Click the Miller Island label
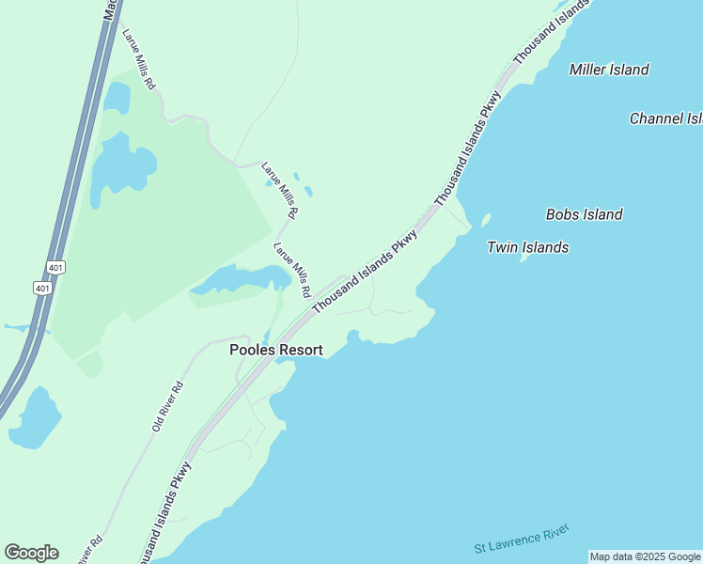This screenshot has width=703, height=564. (609, 70)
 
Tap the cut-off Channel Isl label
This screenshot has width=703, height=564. (665, 118)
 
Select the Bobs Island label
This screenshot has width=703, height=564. (584, 214)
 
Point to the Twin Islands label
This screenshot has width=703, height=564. (527, 247)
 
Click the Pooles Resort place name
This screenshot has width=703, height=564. (276, 350)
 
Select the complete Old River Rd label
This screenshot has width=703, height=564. (167, 406)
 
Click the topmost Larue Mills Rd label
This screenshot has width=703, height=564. (138, 58)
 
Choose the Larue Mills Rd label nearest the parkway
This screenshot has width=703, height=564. (291, 271)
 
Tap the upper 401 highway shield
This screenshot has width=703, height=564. (56, 267)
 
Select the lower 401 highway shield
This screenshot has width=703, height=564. (41, 288)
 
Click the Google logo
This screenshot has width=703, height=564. (31, 553)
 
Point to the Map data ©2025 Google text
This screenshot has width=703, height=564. (645, 556)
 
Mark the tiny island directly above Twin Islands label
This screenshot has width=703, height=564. (485, 221)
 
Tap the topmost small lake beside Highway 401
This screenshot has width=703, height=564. (117, 97)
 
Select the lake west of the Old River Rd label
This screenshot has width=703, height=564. (34, 417)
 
